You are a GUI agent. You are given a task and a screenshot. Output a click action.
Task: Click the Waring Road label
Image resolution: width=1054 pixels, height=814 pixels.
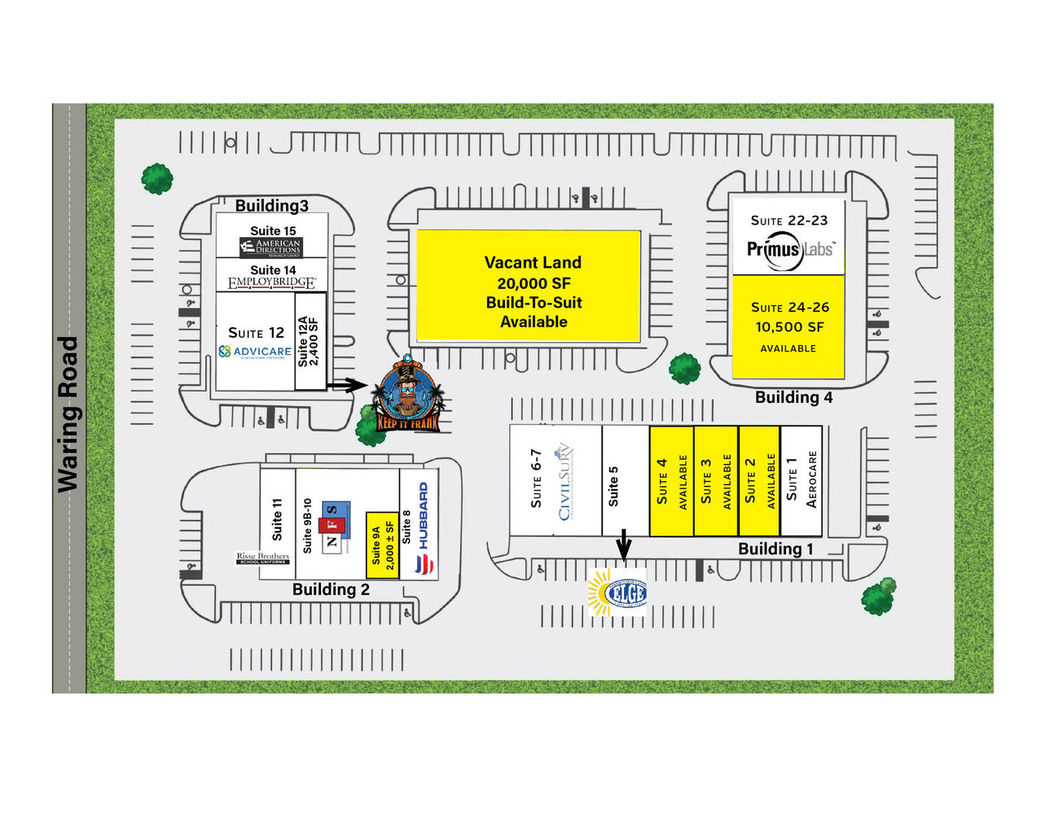pos(68,414)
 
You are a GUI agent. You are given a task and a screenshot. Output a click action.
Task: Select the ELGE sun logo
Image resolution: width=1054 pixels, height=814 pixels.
pos(618,592)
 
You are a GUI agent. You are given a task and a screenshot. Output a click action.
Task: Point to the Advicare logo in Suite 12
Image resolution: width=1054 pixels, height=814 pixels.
pos(255,352)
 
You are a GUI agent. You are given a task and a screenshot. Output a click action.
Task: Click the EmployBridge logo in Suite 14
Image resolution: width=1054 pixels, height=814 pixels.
pos(271,283)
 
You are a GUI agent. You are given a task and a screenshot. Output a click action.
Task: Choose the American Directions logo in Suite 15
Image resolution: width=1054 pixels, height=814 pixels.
pos(271,247)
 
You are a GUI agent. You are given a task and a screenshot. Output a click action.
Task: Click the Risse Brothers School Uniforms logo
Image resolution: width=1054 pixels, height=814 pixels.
pos(262,558)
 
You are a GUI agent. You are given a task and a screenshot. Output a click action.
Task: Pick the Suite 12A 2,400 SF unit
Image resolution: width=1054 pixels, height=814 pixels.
pos(310,342)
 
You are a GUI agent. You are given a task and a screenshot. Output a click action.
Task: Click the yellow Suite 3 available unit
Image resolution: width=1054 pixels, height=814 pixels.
pos(715,481)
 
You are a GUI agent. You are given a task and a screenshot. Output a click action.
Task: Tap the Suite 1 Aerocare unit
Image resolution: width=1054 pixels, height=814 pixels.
pos(801,480)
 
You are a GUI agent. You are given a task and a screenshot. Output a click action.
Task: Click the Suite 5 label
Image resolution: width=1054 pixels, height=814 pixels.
pos(613,486)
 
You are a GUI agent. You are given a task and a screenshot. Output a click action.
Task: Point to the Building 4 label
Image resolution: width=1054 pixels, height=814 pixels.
pos(793,397)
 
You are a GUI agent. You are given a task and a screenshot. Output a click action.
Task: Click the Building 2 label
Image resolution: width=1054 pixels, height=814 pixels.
pos(331,589)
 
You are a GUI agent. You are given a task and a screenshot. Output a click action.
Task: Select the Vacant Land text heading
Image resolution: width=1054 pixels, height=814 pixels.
pos(533,262)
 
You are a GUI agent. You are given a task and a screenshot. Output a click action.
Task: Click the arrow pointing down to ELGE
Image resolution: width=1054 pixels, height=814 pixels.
pos(623,544)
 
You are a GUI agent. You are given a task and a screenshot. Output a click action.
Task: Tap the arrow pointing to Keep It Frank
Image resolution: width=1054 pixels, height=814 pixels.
pos(347,384)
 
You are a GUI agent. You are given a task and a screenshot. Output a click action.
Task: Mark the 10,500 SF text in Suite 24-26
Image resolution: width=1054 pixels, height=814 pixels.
pos(789,327)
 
